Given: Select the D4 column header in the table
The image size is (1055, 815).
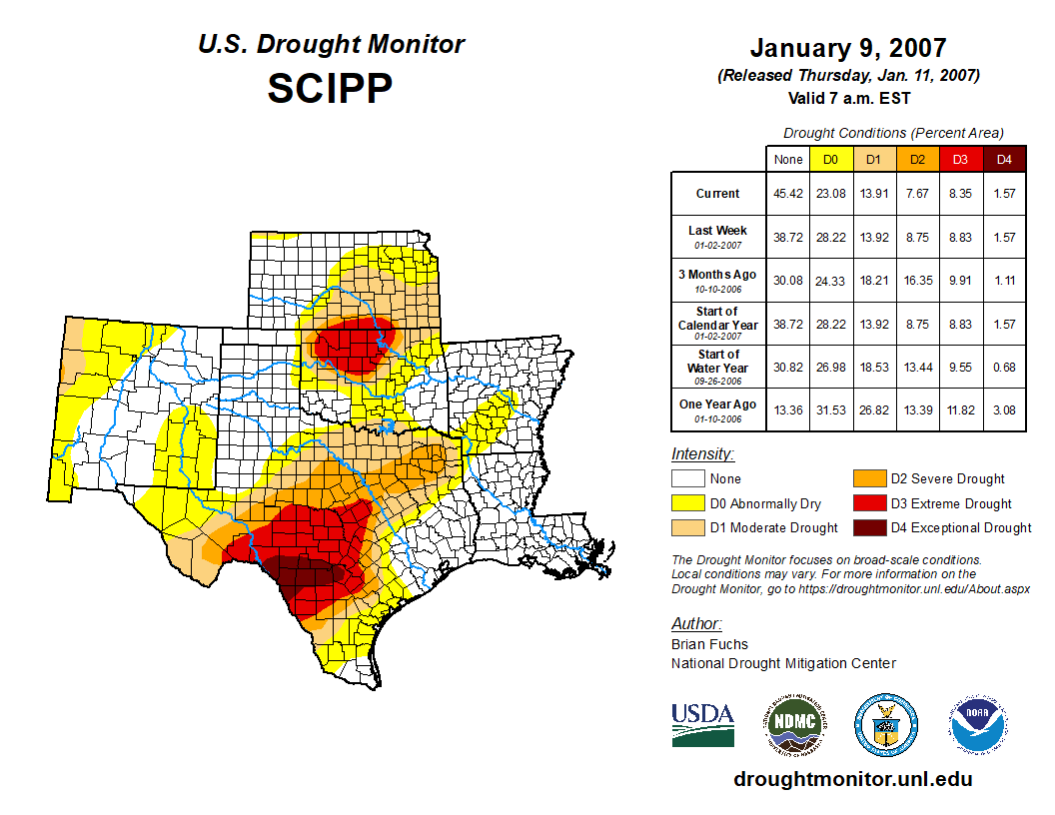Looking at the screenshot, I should tap(1004, 159).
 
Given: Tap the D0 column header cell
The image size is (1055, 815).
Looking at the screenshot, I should tap(830, 159).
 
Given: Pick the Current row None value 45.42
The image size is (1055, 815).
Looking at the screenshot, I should tap(788, 194).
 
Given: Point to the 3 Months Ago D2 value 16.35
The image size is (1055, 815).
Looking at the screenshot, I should tap(917, 281).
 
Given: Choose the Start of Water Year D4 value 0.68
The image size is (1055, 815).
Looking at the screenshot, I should tap(1004, 367).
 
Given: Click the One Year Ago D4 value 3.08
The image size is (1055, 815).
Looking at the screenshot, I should tap(1004, 409).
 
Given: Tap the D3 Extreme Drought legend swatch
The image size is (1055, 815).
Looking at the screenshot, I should tap(867, 503).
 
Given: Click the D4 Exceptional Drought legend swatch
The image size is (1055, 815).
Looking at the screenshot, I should tap(867, 527).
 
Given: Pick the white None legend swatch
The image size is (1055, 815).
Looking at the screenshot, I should tap(688, 479).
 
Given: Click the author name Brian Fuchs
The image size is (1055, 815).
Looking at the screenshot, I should tap(709, 644).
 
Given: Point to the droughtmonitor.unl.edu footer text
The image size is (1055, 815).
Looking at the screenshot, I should tap(852, 779).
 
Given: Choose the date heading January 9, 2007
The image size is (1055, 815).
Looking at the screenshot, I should tap(848, 48).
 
